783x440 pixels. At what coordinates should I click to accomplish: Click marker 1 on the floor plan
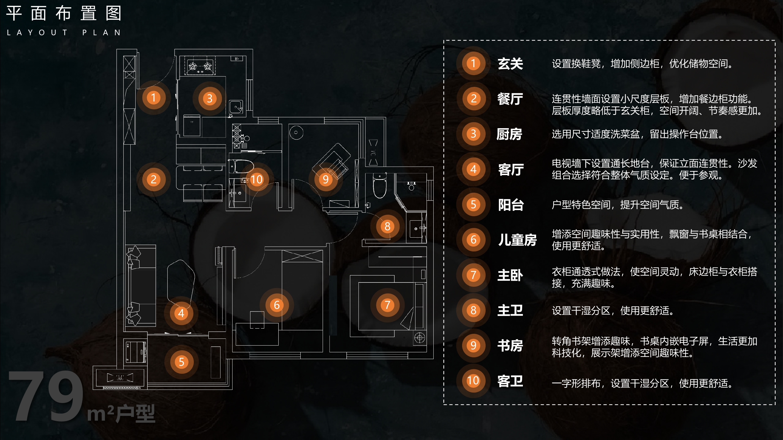click(154, 97)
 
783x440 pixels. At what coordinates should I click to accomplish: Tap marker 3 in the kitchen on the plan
click(209, 98)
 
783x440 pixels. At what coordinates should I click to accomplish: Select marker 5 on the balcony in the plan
click(181, 362)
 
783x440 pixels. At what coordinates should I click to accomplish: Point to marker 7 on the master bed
click(387, 304)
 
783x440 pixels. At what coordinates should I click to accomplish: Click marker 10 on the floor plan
click(256, 180)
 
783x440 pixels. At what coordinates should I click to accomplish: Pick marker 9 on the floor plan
click(326, 180)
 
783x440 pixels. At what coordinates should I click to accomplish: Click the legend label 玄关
click(510, 64)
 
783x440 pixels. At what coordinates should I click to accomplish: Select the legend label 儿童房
click(517, 240)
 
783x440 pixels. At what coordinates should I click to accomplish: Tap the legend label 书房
click(510, 346)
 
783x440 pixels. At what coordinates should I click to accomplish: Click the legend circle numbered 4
click(473, 169)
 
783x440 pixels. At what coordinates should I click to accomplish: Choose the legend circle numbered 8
click(473, 310)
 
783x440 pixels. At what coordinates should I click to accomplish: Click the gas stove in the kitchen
click(200, 66)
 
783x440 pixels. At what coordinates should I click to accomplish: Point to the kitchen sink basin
click(236, 107)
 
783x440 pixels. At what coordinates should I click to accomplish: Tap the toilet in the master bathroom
click(380, 186)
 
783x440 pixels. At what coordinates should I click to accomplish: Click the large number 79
click(46, 396)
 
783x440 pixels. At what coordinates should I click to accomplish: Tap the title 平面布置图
click(64, 13)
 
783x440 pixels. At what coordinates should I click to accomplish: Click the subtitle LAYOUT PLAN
click(64, 33)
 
